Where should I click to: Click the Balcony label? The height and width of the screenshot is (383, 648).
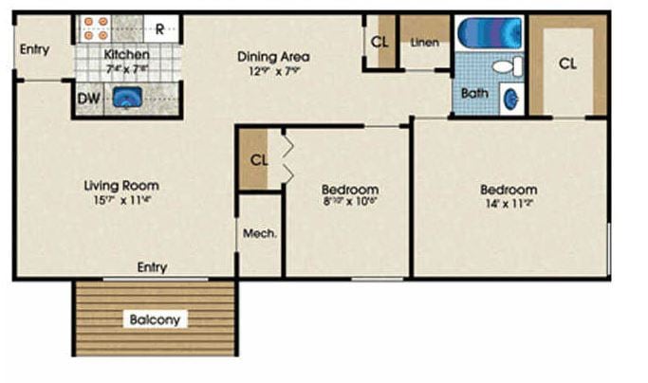pyautogui.click(x=155, y=319)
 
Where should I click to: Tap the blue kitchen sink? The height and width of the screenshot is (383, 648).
pyautogui.click(x=126, y=98)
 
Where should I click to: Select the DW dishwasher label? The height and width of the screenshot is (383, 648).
pyautogui.click(x=88, y=99)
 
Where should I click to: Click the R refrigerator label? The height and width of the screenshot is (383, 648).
pyautogui.click(x=160, y=28)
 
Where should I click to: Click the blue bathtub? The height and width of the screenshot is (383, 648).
pyautogui.click(x=488, y=32)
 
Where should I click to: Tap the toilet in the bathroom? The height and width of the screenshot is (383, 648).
pyautogui.click(x=509, y=66)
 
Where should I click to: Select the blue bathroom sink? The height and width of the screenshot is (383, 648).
pyautogui.click(x=510, y=98)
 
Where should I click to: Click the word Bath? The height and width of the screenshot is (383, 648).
pyautogui.click(x=474, y=93)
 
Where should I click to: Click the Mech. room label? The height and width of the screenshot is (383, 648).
pyautogui.click(x=259, y=233)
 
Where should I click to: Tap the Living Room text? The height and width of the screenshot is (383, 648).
pyautogui.click(x=121, y=185)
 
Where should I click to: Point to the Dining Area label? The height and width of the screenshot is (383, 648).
pyautogui.click(x=273, y=56)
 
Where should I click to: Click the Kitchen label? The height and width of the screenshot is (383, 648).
pyautogui.click(x=126, y=54)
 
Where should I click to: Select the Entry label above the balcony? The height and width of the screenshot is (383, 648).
pyautogui.click(x=152, y=267)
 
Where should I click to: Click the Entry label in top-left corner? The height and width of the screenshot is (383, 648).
pyautogui.click(x=34, y=49)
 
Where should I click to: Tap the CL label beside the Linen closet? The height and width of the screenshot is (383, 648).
pyautogui.click(x=380, y=42)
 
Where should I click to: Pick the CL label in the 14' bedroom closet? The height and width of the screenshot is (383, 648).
pyautogui.click(x=567, y=64)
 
